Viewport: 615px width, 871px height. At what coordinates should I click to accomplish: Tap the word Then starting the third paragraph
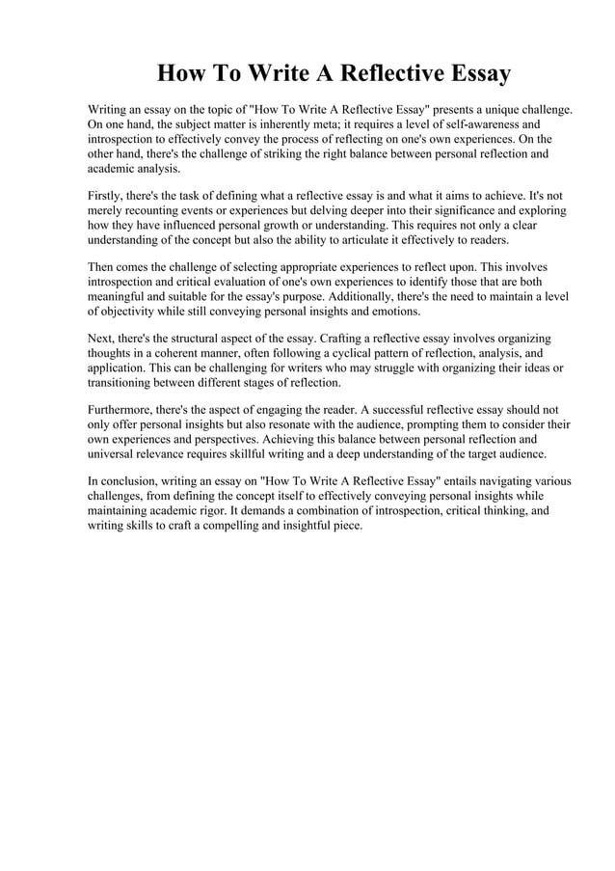103,266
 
